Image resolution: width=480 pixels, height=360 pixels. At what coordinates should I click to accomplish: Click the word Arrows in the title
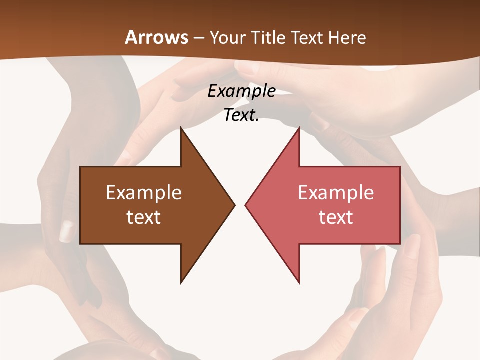pyautogui.click(x=156, y=37)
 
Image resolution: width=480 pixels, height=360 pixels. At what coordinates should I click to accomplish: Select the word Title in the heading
pyautogui.click(x=270, y=38)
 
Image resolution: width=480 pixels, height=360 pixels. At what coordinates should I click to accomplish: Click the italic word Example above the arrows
pyautogui.click(x=241, y=91)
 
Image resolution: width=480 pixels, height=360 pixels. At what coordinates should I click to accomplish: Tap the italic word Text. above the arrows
pyautogui.click(x=241, y=115)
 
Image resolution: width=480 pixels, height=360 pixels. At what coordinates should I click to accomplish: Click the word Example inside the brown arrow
pyautogui.click(x=144, y=192)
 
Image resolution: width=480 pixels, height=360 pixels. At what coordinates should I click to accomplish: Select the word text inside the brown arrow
pyautogui.click(x=144, y=217)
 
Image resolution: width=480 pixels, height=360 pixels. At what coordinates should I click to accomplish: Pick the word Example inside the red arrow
pyautogui.click(x=336, y=192)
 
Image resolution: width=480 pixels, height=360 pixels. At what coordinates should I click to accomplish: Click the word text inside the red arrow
pyautogui.click(x=336, y=217)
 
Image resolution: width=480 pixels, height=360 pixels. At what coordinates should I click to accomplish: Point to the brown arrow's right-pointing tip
pyautogui.click(x=234, y=205)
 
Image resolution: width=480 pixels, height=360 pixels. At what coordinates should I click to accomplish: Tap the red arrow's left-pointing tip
pyautogui.click(x=246, y=205)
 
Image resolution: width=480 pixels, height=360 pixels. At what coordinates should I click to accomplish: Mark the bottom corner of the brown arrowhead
pyautogui.click(x=181, y=282)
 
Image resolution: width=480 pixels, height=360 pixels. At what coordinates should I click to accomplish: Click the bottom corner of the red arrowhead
pyautogui.click(x=299, y=282)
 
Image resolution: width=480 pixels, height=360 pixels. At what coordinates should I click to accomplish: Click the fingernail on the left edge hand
pyautogui.click(x=66, y=231)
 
